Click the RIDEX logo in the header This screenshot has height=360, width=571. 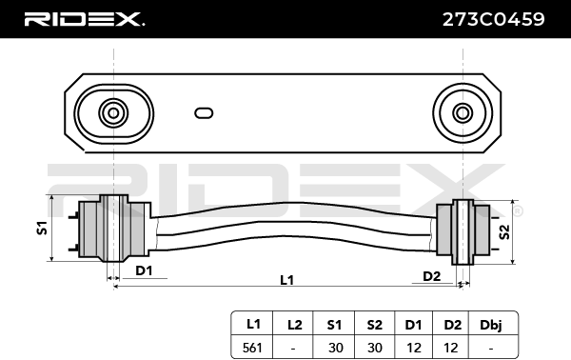(84, 19)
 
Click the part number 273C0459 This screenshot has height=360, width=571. (493, 19)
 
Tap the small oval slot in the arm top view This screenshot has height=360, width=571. (204, 113)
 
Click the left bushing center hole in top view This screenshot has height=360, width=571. (113, 113)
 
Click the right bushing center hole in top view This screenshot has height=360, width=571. (463, 113)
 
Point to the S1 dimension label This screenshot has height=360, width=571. (42, 229)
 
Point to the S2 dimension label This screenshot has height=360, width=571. (504, 231)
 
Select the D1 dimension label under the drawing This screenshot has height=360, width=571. (144, 270)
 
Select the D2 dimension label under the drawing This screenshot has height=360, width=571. (432, 276)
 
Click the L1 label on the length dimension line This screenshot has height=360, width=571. (286, 280)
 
